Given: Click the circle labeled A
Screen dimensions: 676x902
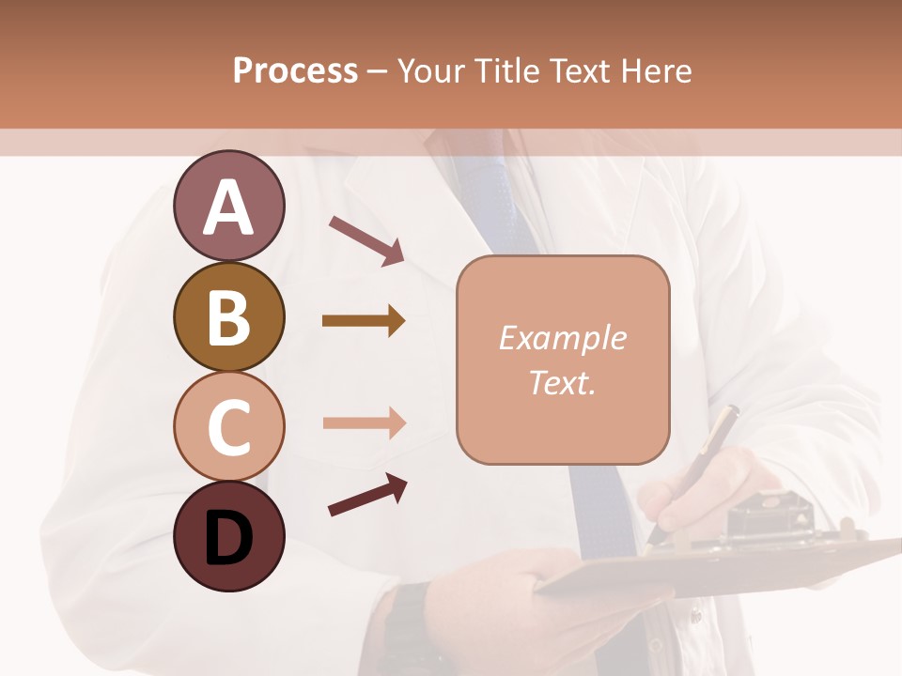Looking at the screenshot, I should [x=228, y=207].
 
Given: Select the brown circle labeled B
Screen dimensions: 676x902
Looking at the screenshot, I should [x=228, y=316].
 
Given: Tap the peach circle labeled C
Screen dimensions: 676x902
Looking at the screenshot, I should [x=228, y=426].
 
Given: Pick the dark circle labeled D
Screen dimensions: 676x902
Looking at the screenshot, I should [x=228, y=536].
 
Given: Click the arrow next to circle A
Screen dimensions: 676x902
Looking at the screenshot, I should [x=366, y=240].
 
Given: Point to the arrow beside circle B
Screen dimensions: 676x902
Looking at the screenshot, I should [x=364, y=321].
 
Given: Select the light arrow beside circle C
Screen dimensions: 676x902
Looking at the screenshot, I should [x=364, y=422].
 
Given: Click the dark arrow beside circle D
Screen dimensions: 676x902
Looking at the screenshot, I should [x=367, y=495].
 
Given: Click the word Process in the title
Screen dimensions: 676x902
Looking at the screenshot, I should [x=295, y=70].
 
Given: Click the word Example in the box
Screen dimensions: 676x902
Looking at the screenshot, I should [x=562, y=338].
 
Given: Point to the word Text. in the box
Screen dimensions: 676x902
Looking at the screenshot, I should [x=562, y=382].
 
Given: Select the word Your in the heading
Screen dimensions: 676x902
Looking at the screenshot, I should [x=431, y=70].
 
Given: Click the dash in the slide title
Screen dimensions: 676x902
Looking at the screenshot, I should [x=378, y=71].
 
